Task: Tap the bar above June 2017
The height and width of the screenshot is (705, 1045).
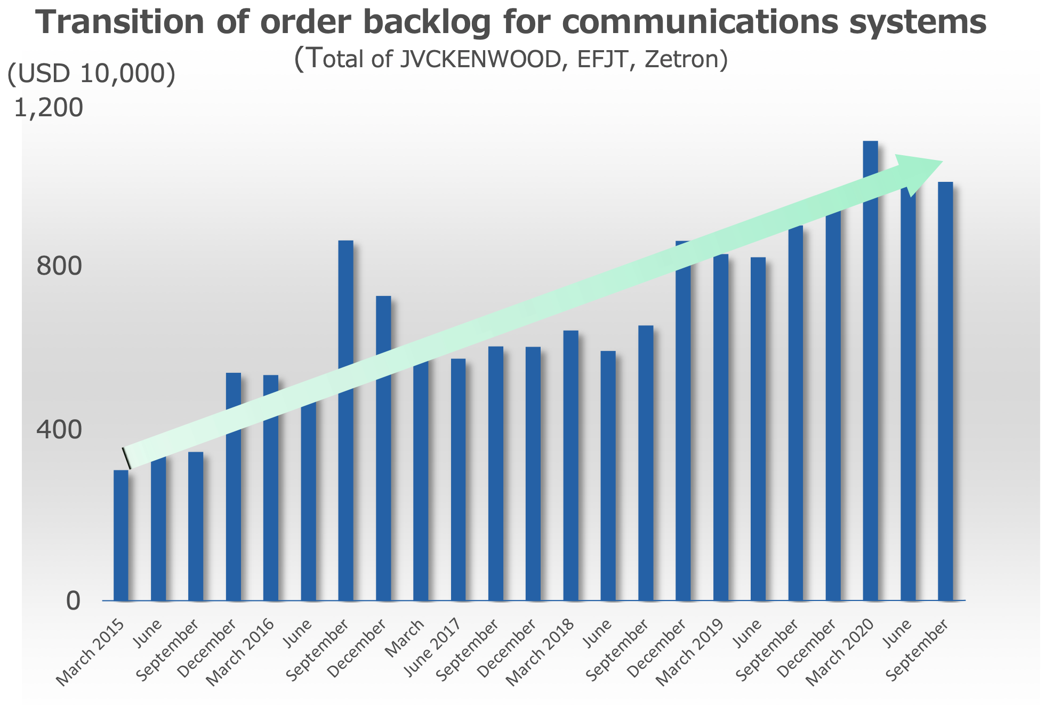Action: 458,479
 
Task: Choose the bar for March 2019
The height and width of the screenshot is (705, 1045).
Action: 721,427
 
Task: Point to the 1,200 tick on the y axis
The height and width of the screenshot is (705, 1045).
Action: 49,108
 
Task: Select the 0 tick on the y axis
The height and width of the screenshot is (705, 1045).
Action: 73,600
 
